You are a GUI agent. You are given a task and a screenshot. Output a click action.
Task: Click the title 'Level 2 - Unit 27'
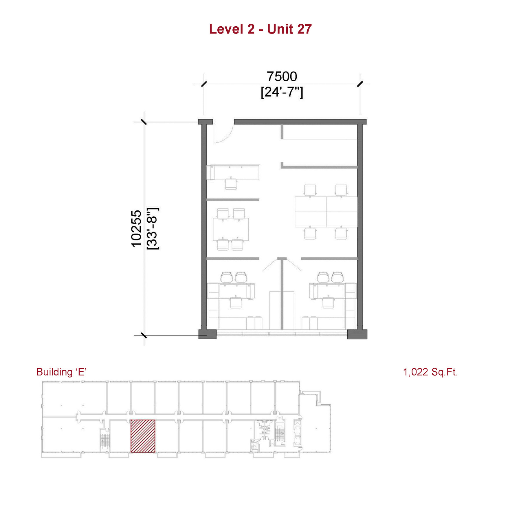[x=260, y=29]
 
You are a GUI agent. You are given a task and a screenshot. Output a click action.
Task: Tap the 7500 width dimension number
[x=282, y=76]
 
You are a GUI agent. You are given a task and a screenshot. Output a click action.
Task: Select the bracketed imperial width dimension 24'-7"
[x=282, y=92]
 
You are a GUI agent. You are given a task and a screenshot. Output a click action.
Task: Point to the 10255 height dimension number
[x=136, y=229]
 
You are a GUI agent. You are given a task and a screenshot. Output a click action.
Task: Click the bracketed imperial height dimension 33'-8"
[x=153, y=228]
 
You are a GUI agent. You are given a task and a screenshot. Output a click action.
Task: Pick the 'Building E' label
[x=61, y=372]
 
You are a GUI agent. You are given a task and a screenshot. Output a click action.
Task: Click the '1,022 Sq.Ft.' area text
[x=430, y=372]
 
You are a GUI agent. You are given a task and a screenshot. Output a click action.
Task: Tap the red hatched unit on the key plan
[x=143, y=436]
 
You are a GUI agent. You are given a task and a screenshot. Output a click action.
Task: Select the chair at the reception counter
[x=231, y=183]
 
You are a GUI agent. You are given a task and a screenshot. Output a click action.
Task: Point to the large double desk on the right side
[x=326, y=212]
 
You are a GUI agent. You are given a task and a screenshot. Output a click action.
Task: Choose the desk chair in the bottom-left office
[x=236, y=302]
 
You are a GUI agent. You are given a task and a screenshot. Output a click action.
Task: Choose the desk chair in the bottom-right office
[x=328, y=302]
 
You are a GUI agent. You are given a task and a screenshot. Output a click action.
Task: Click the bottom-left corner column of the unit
[x=208, y=334]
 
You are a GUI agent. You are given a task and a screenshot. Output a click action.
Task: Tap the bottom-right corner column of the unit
[x=357, y=334]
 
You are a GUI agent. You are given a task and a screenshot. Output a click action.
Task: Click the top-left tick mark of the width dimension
[x=204, y=84]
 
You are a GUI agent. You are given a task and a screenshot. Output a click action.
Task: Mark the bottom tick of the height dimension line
[x=144, y=336]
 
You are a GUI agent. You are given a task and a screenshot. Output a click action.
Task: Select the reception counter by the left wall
[x=233, y=173]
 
